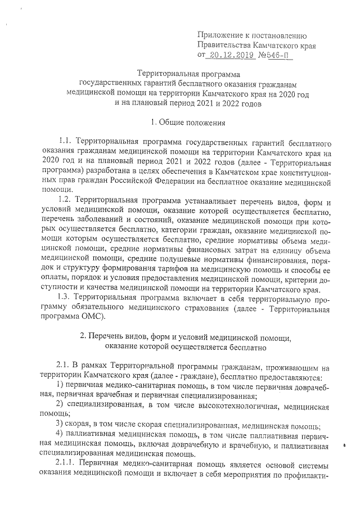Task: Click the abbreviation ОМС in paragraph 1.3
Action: coord(85,317)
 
